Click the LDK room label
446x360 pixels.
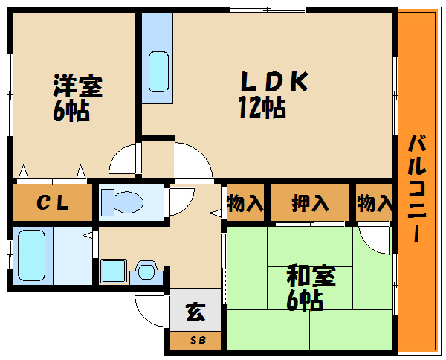[274, 82]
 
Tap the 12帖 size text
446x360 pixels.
[262, 107]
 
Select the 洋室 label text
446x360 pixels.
[77, 86]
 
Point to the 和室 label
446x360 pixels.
[311, 275]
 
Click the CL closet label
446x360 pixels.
[53, 203]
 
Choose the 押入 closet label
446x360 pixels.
[310, 203]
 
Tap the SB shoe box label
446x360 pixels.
[198, 340]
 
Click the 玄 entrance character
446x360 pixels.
[195, 312]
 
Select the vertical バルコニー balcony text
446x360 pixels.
[417, 189]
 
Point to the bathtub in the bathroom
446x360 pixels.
[31, 255]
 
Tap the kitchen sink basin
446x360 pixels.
[159, 71]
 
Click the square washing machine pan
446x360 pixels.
[114, 271]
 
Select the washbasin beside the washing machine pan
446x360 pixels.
[146, 271]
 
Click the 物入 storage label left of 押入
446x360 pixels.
[245, 203]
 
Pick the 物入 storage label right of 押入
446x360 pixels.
[375, 203]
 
